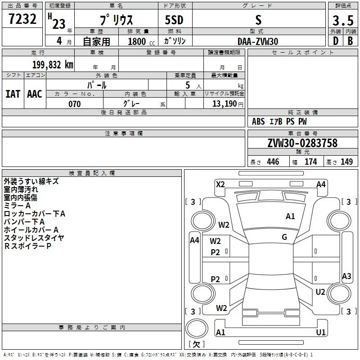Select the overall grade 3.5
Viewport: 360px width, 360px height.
(x=342, y=21)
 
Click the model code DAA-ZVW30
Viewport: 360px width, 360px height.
(x=258, y=41)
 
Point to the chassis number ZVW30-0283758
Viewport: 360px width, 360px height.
(x=302, y=144)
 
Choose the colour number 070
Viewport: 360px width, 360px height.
(x=74, y=104)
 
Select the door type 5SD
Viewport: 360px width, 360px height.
(x=174, y=21)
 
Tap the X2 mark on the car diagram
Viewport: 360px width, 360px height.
(x=220, y=184)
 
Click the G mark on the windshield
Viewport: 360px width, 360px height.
(x=284, y=237)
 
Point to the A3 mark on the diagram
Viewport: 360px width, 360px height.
(x=346, y=276)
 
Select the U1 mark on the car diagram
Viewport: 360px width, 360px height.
(x=321, y=332)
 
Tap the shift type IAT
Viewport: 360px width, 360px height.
(x=13, y=94)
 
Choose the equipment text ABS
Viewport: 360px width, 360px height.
(x=258, y=121)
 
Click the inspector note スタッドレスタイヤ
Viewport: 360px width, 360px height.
(x=34, y=238)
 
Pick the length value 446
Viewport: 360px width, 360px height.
(x=273, y=162)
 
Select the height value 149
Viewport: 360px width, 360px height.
(x=346, y=162)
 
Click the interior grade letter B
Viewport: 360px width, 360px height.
(x=350, y=40)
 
